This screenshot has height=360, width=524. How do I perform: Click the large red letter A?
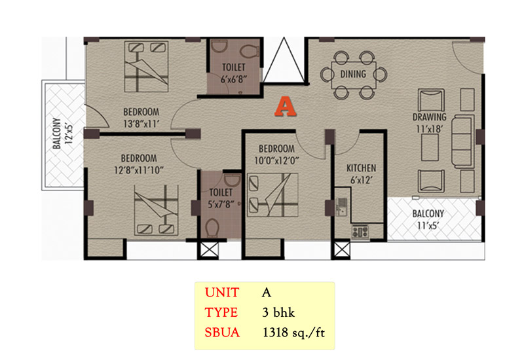286,107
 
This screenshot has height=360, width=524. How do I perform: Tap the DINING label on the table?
353,74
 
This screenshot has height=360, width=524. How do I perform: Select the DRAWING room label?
430,117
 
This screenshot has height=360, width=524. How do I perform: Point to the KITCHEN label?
362,168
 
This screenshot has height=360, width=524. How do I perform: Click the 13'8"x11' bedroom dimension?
141,124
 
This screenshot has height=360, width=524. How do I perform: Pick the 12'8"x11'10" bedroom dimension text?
139,170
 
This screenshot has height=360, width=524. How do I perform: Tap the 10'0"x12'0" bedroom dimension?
276,160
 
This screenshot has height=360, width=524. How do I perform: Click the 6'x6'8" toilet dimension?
234,79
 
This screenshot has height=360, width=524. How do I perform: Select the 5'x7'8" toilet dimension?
221,204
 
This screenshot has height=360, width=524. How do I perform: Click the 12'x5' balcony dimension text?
69,134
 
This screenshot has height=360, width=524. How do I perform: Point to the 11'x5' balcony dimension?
428,226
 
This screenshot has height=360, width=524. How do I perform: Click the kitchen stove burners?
360,232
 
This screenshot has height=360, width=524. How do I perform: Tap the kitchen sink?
341,206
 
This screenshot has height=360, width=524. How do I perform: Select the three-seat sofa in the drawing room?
463,141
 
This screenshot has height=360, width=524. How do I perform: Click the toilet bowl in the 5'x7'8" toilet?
212,228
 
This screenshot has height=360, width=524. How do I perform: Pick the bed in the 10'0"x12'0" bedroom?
272,195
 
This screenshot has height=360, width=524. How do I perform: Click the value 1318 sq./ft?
293,333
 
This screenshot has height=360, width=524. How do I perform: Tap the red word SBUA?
222,333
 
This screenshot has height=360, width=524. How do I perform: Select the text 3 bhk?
278,313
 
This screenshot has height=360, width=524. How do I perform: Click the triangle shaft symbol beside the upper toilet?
284,60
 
